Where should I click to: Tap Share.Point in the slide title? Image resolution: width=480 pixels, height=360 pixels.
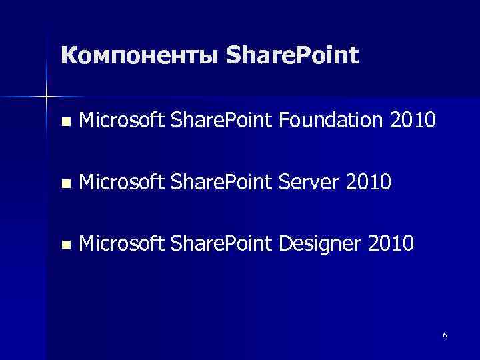(x=291, y=55)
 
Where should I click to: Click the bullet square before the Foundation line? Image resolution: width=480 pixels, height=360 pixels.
(x=65, y=123)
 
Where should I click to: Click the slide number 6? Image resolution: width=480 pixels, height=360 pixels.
(x=445, y=335)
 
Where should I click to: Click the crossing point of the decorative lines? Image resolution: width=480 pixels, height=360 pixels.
(x=46, y=97)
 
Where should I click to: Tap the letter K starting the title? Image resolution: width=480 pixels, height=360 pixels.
(x=67, y=55)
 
